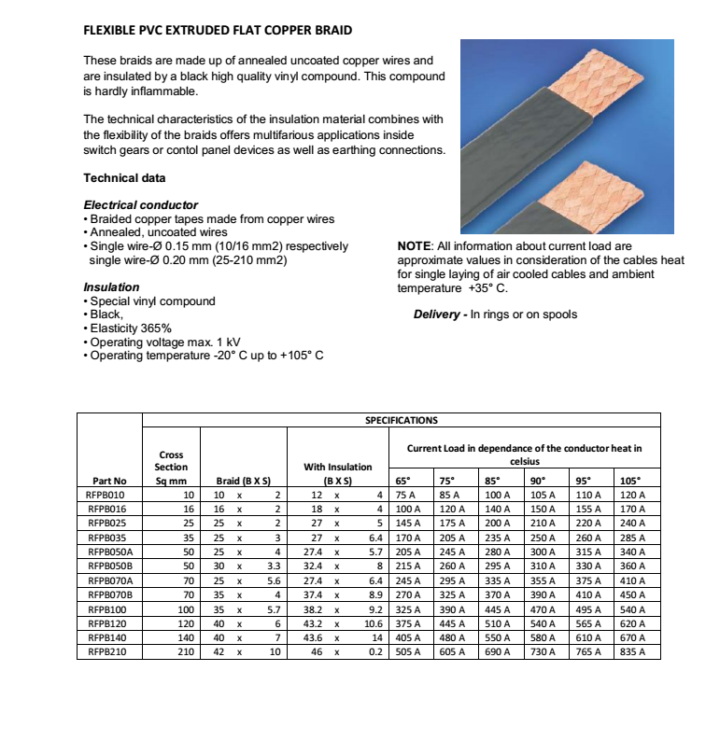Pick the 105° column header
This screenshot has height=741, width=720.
point(632,482)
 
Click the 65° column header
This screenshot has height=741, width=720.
point(403,482)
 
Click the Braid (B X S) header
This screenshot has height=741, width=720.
point(243,482)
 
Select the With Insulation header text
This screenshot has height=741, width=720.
point(338,467)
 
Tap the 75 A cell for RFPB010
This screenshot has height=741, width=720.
point(405,495)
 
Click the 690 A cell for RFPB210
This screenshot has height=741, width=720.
point(499,651)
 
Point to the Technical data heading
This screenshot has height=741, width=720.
point(124,178)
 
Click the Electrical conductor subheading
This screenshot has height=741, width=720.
point(141,204)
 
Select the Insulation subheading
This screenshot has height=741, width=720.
point(111,287)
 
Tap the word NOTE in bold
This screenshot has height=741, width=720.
point(415,246)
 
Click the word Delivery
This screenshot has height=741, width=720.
point(439,315)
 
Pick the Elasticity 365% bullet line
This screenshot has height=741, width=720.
point(130,329)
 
